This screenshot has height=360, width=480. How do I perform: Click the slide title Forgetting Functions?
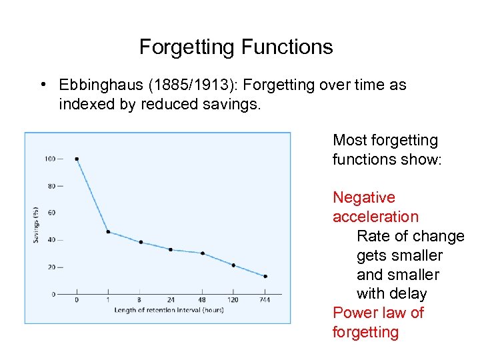click(236, 47)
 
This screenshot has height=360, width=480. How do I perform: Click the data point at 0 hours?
click(77, 159)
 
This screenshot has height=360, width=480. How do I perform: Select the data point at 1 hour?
click(108, 232)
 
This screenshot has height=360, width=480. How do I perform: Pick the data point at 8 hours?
click(140, 242)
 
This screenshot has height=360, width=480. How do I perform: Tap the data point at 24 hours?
click(171, 249)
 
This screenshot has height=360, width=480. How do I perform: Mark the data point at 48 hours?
click(202, 253)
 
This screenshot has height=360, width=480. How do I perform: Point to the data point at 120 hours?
click(233, 265)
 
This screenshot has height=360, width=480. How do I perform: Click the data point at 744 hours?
click(265, 276)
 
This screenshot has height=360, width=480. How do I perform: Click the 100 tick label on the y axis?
click(50, 159)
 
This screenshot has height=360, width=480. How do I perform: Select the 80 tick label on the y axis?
click(51, 186)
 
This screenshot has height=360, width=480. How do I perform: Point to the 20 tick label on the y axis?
click(51, 267)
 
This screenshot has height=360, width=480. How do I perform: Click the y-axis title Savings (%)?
click(36, 226)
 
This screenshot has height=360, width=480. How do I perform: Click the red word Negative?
click(364, 198)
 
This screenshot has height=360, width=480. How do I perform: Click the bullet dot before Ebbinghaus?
click(42, 85)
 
